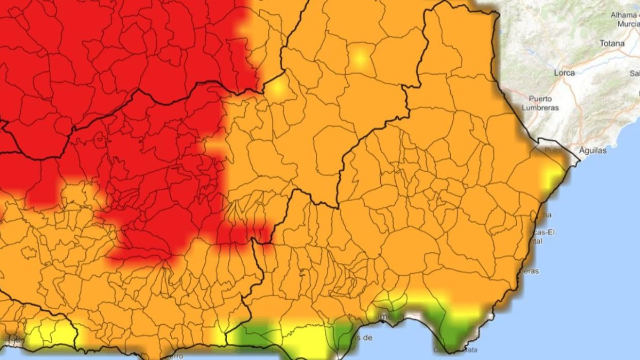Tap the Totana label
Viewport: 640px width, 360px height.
click(x=612, y=43)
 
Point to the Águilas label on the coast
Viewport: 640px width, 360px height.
click(x=591, y=150)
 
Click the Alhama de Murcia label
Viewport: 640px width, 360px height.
click(x=625, y=19)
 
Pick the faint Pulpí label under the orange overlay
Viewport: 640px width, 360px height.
click(x=553, y=151)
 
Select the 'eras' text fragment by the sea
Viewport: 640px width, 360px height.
click(x=530, y=271)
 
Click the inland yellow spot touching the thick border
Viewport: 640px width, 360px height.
click(x=277, y=88)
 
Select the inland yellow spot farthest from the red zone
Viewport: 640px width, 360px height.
click(x=359, y=58)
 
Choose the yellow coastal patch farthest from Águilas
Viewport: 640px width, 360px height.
click(x=48, y=333)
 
